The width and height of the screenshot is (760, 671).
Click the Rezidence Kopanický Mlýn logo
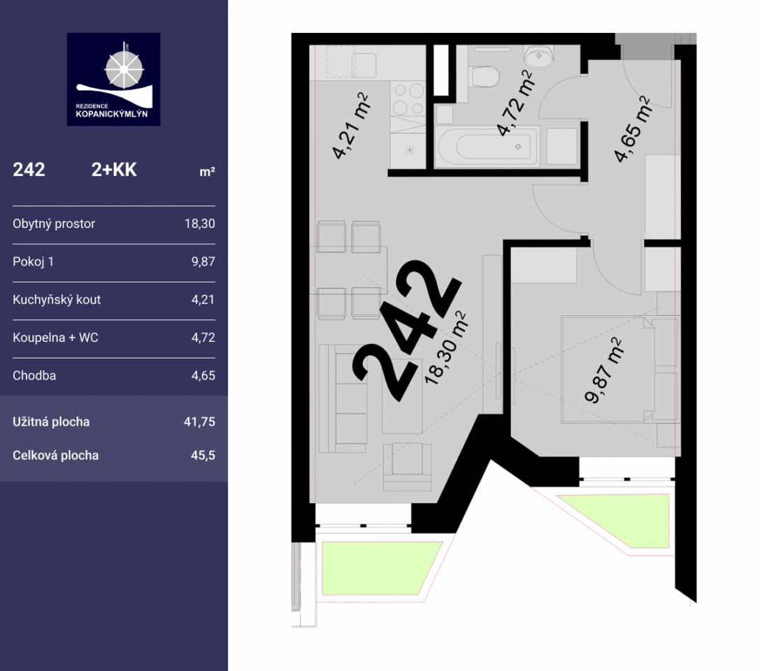(113, 80)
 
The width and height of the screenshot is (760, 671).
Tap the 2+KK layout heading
(114, 170)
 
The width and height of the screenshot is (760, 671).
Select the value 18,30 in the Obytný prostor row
(200, 224)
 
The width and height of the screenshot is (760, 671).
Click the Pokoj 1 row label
(33, 261)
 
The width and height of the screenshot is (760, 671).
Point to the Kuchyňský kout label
(57, 300)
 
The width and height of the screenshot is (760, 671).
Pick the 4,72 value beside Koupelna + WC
(203, 337)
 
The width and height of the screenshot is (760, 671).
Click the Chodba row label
(34, 375)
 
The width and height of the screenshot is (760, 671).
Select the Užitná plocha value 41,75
(199, 422)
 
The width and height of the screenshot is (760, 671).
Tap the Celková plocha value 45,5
(203, 456)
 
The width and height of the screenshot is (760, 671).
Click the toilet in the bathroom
(485, 77)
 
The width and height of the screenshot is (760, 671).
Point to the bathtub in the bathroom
(487, 146)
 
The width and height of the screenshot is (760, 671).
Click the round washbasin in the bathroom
(539, 57)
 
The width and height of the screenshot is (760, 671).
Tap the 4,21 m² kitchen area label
(350, 127)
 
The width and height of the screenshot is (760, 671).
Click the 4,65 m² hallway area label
(632, 129)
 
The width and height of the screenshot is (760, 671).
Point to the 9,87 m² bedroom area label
(603, 370)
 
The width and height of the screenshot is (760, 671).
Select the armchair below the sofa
(407, 466)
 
